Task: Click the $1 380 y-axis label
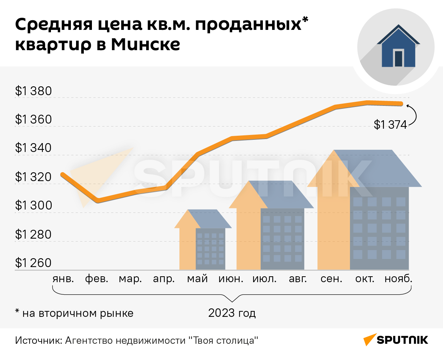tap(33, 91)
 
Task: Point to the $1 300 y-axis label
tap(33, 206)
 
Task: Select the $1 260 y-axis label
tap(33, 263)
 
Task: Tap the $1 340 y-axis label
tap(33, 149)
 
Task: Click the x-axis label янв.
tap(63, 279)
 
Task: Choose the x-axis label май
tap(197, 279)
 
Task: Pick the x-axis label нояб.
tap(398, 279)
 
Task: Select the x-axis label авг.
tap(298, 279)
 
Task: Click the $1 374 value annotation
tap(390, 125)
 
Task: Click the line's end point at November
tap(401, 104)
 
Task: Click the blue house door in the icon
tap(398, 58)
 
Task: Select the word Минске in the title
tap(146, 45)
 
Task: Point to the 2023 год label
tap(232, 314)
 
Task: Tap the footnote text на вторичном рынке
tap(78, 314)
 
